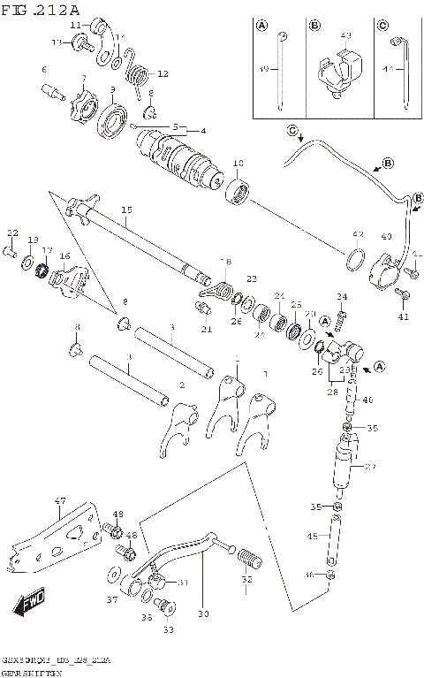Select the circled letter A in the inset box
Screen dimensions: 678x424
[262, 26]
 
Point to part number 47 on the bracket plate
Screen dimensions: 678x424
[60, 502]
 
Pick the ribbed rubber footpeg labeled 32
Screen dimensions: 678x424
[251, 559]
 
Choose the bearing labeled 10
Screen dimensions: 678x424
[238, 190]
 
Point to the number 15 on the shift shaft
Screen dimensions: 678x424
[126, 209]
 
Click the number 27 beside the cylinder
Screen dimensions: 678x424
[370, 468]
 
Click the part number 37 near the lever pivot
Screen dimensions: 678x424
[111, 599]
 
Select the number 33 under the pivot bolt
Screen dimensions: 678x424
[167, 629]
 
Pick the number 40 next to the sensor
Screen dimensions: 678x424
[385, 236]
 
